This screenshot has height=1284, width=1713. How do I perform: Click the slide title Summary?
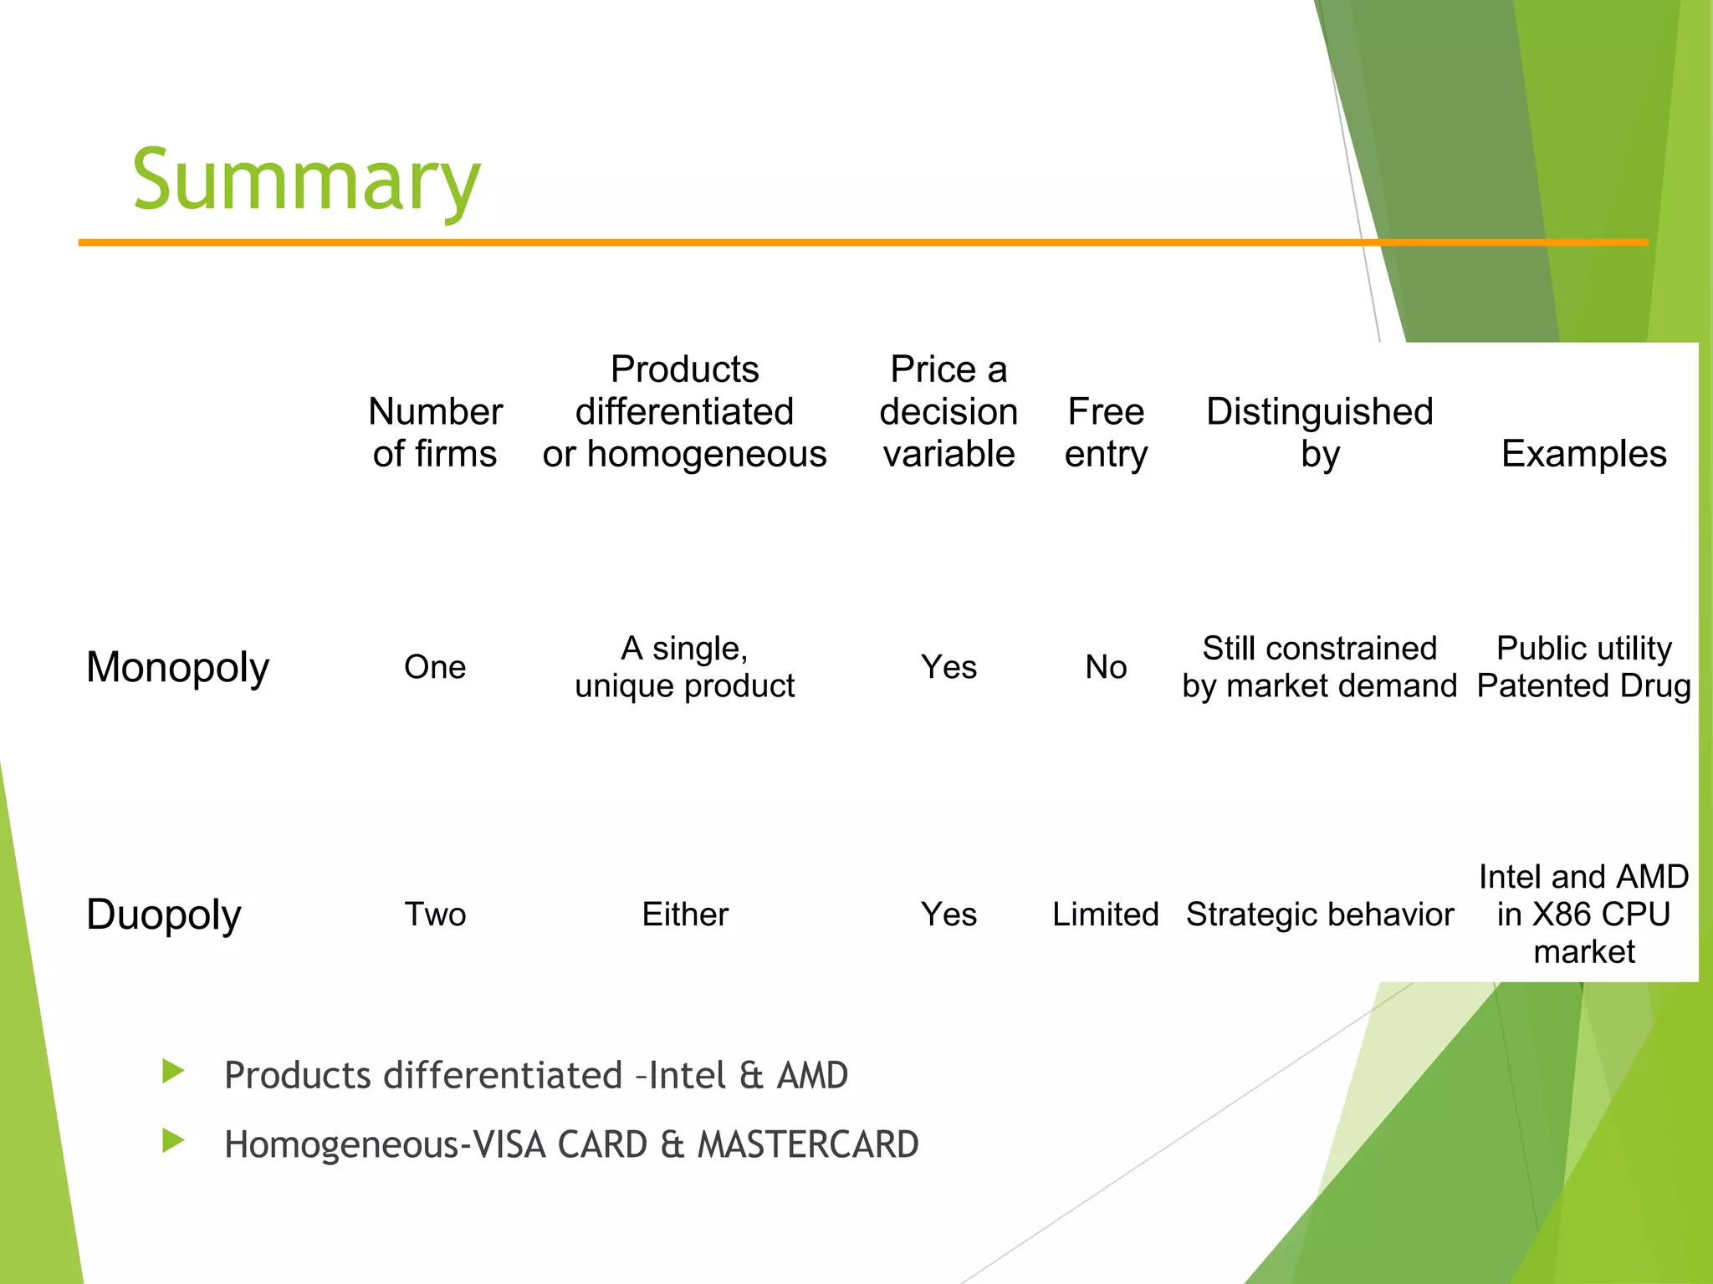[x=306, y=180]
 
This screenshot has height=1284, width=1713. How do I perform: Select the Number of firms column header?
[x=435, y=432]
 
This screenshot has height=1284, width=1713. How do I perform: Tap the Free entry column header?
[x=1106, y=432]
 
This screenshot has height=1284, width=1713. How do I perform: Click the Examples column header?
[x=1583, y=453]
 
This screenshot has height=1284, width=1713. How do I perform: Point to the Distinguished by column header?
[x=1319, y=432]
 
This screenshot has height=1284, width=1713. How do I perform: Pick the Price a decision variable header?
[x=949, y=411]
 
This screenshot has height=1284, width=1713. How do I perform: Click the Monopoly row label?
[x=177, y=667]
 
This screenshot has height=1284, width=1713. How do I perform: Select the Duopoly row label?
[x=164, y=914]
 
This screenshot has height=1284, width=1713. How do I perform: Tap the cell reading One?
[x=435, y=667]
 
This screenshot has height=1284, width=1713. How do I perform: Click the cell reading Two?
[x=435, y=914]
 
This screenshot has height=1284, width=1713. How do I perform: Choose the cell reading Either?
[x=685, y=914]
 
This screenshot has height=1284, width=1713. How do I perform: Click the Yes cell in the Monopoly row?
[x=949, y=667]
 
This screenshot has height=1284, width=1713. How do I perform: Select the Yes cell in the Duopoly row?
[x=949, y=914]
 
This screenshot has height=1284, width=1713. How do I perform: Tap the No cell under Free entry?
[x=1106, y=667]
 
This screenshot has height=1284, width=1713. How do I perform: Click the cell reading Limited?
[x=1106, y=914]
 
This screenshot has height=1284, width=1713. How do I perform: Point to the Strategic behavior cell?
[x=1319, y=914]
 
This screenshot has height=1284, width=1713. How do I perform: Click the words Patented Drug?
[x=1583, y=685]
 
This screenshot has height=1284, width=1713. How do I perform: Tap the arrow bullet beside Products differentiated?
[x=173, y=1071]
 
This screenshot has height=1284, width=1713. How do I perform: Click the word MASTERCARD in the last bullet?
[x=808, y=1144]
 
